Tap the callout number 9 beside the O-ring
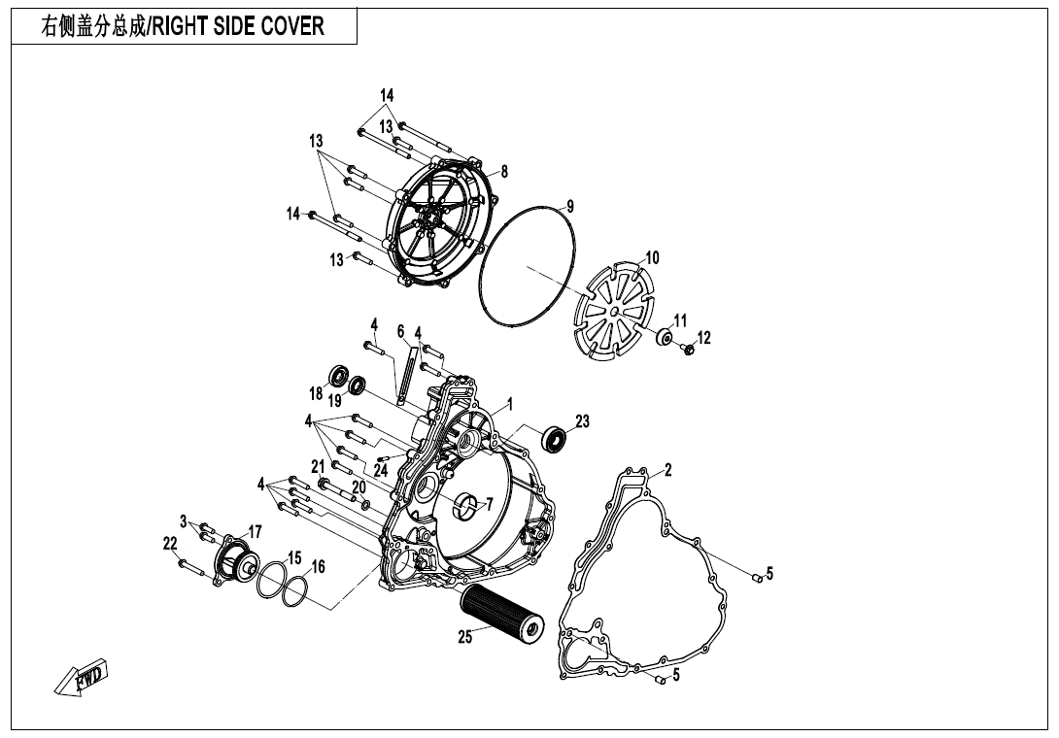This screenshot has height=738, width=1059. pyautogui.click(x=570, y=206)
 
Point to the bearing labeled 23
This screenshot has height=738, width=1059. pyautogui.click(x=556, y=439)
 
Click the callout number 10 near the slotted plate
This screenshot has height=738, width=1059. pyautogui.click(x=652, y=257)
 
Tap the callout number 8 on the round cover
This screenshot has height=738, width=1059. pyautogui.click(x=504, y=172)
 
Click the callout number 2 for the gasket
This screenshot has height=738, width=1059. pyautogui.click(x=668, y=470)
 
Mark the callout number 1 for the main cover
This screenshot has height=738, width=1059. pyautogui.click(x=510, y=402)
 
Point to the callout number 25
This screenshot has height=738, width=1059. pyautogui.click(x=465, y=637)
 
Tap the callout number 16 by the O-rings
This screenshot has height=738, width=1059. pyautogui.click(x=318, y=566)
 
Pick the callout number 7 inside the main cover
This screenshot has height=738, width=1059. pyautogui.click(x=489, y=503)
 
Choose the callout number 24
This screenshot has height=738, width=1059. pyautogui.click(x=380, y=471)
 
